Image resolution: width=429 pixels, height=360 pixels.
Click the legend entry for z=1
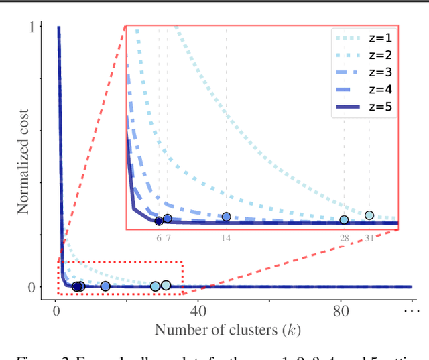click(362, 38)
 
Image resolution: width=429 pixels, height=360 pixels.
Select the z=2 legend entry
click(362, 55)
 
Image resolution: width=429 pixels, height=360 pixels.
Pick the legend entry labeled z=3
click(362, 72)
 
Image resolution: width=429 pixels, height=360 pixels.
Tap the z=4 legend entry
click(362, 89)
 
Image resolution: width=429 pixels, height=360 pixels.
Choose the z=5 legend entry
click(362, 107)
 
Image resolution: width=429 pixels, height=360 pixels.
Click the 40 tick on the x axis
click(198, 312)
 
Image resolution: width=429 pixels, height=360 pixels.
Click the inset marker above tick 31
click(369, 215)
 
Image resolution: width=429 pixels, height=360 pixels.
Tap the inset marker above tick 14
click(227, 217)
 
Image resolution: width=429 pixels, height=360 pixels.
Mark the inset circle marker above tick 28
click(344, 220)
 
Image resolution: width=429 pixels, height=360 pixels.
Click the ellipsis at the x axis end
click(410, 312)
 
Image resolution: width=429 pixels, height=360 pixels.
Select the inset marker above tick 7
click(168, 219)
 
